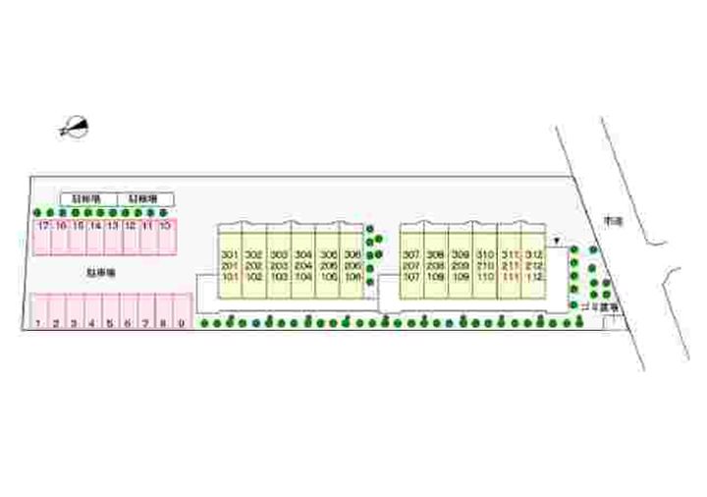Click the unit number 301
230,254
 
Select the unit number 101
230,278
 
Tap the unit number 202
254,266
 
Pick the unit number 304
303,254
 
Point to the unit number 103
279,278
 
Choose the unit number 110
485,278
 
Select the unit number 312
533,254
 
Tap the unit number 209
461,266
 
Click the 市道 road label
615,221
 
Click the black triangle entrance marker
557,240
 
